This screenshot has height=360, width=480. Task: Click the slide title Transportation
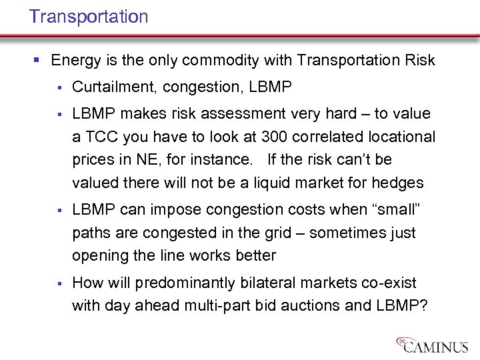pyautogui.click(x=89, y=17)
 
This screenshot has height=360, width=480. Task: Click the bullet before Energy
pyautogui.click(x=36, y=61)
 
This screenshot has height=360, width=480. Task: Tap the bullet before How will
pyautogui.click(x=59, y=283)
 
